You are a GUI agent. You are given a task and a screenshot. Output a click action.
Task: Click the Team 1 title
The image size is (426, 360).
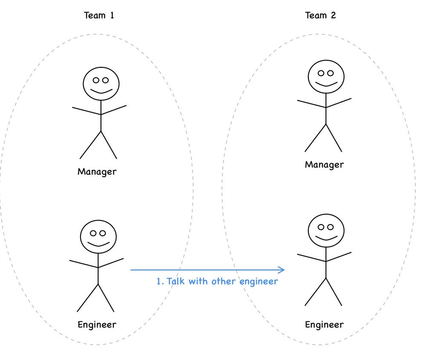coord(99,15)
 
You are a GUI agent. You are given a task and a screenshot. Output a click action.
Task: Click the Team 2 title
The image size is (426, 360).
coord(320,15)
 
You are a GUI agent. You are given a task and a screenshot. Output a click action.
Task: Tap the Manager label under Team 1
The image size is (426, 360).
coord(97,172)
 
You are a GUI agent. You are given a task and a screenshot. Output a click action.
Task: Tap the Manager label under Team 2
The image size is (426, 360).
coord(324,164)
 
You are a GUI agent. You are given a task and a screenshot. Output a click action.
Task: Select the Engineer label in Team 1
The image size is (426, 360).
coord(97,325)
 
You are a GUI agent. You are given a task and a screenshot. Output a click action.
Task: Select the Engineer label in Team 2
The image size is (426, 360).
coord(324,325)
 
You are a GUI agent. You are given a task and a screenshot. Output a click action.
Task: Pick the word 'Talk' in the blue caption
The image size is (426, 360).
coord(176,281)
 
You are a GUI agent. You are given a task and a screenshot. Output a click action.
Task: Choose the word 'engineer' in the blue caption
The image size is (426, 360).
coord(259,282)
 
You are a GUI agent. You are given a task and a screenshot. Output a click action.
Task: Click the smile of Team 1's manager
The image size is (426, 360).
coord(101,91)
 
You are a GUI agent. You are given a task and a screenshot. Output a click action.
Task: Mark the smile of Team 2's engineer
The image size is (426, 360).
coord(326,238)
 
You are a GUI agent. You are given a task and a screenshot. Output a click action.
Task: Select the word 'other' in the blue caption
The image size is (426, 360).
coord(224,281)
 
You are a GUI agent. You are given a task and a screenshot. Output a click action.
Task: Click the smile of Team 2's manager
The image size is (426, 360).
coord(326,84)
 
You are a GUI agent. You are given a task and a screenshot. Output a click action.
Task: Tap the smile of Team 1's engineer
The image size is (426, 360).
coord(99,244)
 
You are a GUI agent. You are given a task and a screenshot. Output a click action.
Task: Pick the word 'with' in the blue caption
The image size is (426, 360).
coord(198,281)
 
